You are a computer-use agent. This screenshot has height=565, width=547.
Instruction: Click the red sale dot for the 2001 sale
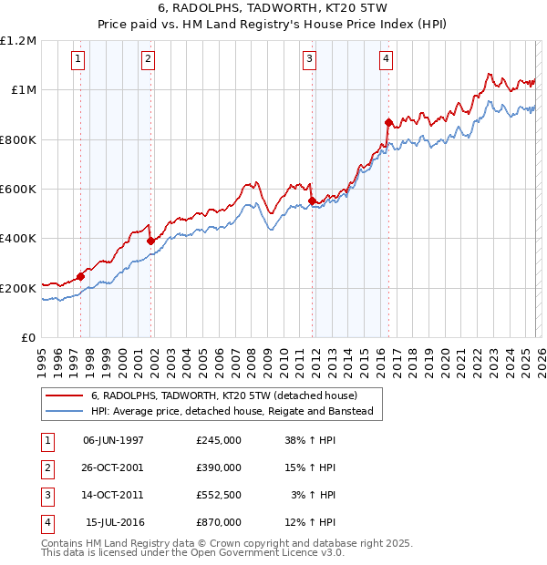(x=150, y=241)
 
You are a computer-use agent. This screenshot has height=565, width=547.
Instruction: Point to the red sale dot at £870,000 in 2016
(x=388, y=121)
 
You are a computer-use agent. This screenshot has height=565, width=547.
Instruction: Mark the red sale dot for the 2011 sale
(x=312, y=200)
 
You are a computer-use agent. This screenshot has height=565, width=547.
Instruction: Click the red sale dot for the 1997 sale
(x=80, y=276)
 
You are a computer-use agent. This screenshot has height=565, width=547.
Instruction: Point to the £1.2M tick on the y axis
(x=18, y=41)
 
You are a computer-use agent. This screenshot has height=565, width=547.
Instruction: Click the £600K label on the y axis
(x=18, y=190)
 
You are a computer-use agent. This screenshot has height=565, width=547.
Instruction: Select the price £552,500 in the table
(x=219, y=495)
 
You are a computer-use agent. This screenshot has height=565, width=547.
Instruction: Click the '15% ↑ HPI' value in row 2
(x=310, y=467)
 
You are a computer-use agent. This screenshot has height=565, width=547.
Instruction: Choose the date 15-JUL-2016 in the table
(x=115, y=522)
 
